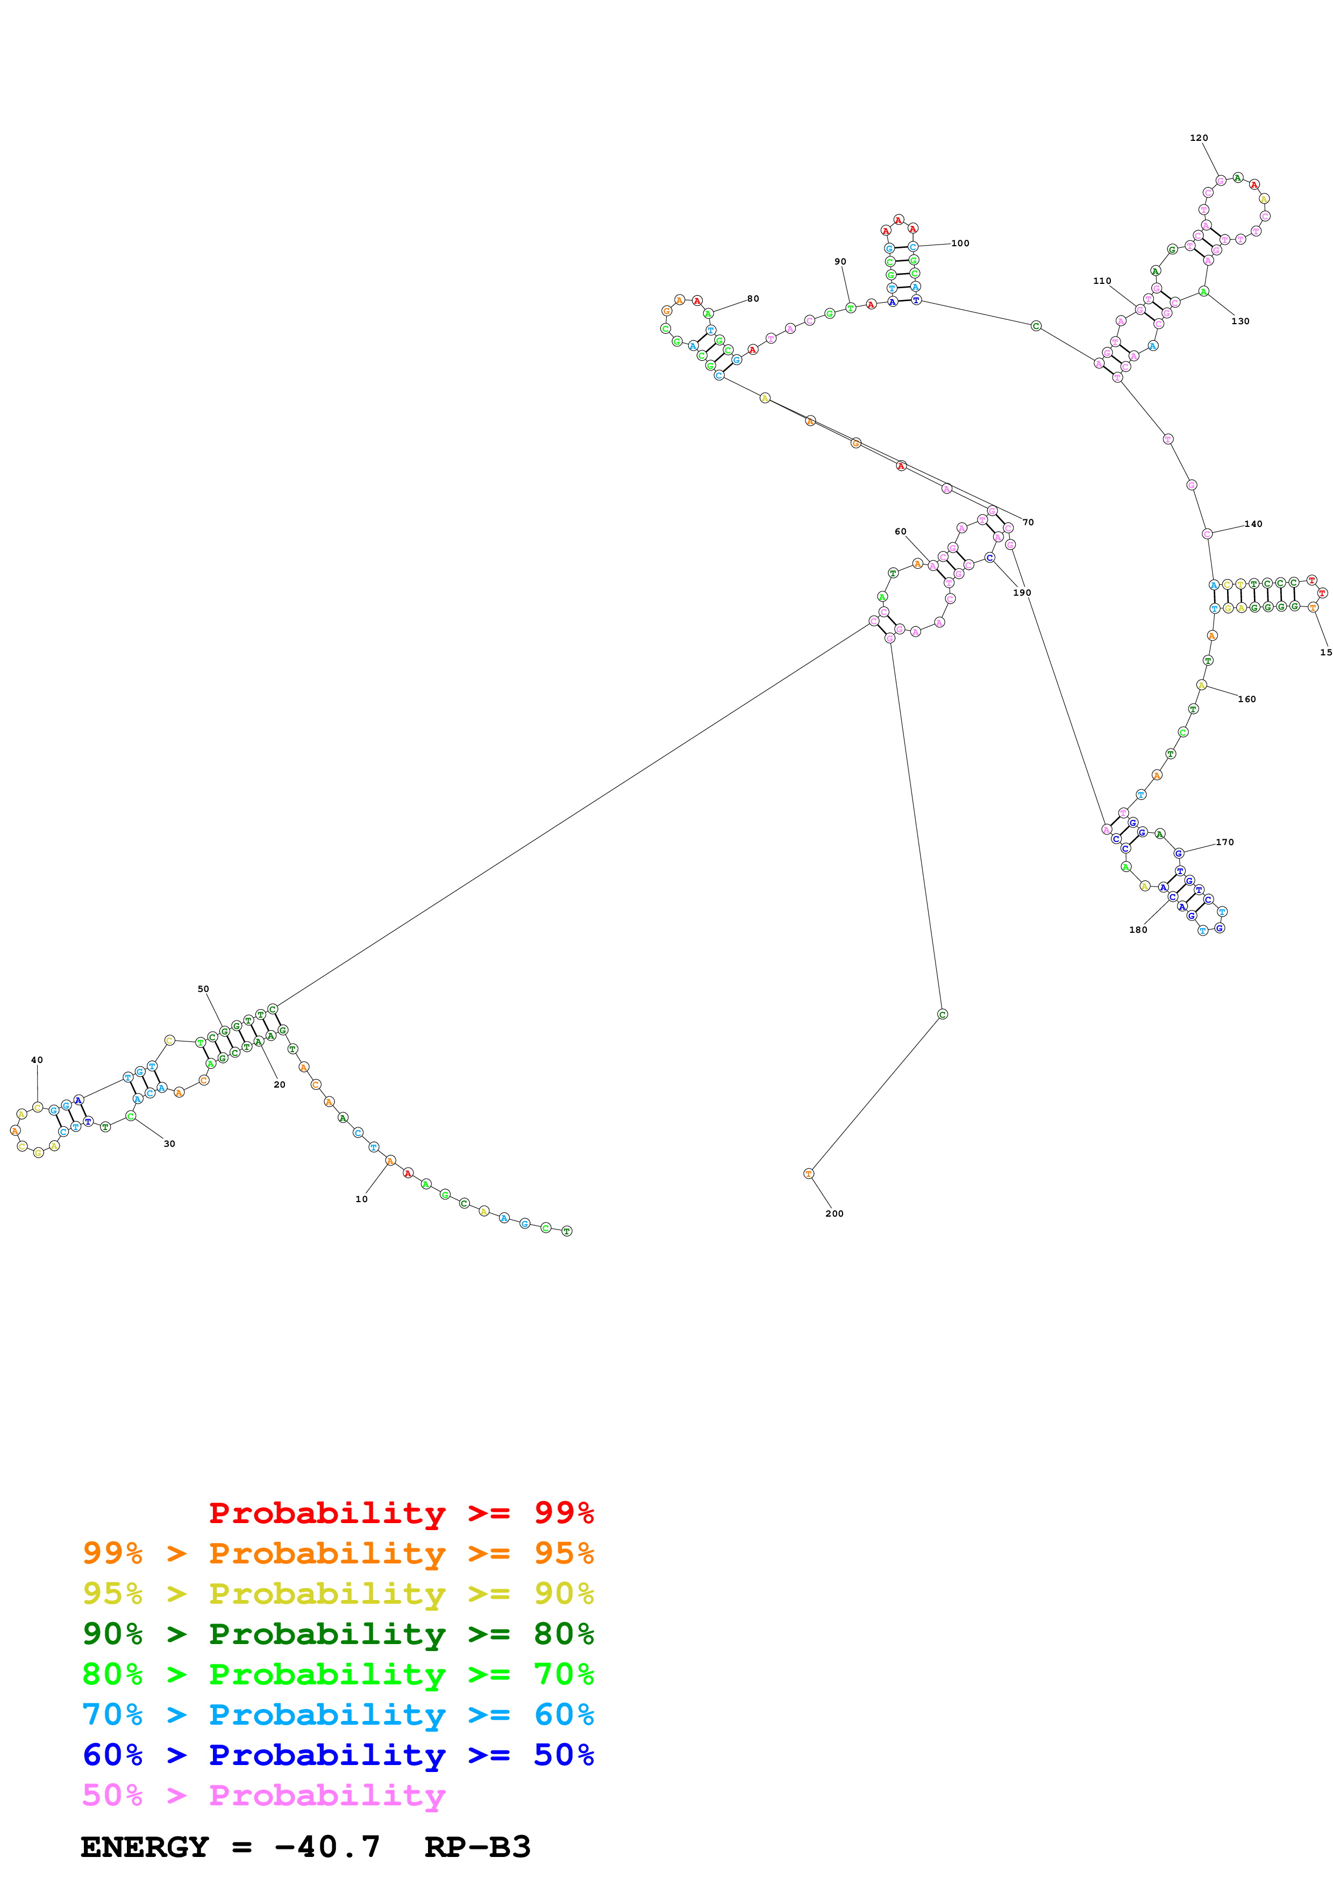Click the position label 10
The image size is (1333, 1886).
(x=361, y=1199)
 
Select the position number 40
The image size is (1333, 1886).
(x=37, y=1060)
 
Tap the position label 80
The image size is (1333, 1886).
(x=753, y=298)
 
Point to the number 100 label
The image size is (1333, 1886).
(x=960, y=243)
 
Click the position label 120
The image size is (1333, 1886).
(x=1199, y=138)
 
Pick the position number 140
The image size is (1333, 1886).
(x=1253, y=524)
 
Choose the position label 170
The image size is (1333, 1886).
(x=1224, y=842)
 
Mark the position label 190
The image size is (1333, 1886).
(x=1022, y=592)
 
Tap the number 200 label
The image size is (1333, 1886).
(x=835, y=1213)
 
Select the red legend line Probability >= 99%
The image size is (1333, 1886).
(x=401, y=1512)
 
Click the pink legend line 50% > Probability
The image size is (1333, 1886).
(x=263, y=1795)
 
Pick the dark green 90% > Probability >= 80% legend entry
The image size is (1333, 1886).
(x=338, y=1634)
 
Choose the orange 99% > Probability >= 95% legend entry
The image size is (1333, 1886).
(x=338, y=1553)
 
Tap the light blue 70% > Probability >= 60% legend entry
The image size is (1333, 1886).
(x=338, y=1714)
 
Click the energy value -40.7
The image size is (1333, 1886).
(x=327, y=1847)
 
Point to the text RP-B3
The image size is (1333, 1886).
(x=477, y=1847)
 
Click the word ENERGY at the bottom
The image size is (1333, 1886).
(x=145, y=1847)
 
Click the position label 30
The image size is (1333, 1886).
(x=169, y=1144)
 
